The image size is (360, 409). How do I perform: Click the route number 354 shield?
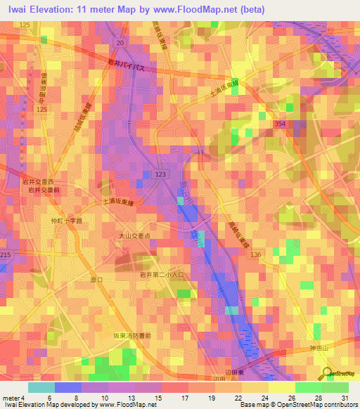(x=280, y=123)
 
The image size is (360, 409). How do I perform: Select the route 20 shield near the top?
(x=120, y=43)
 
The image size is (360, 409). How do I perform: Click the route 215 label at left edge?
(x=6, y=254)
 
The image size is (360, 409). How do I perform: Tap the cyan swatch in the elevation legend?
(x=41, y=387)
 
